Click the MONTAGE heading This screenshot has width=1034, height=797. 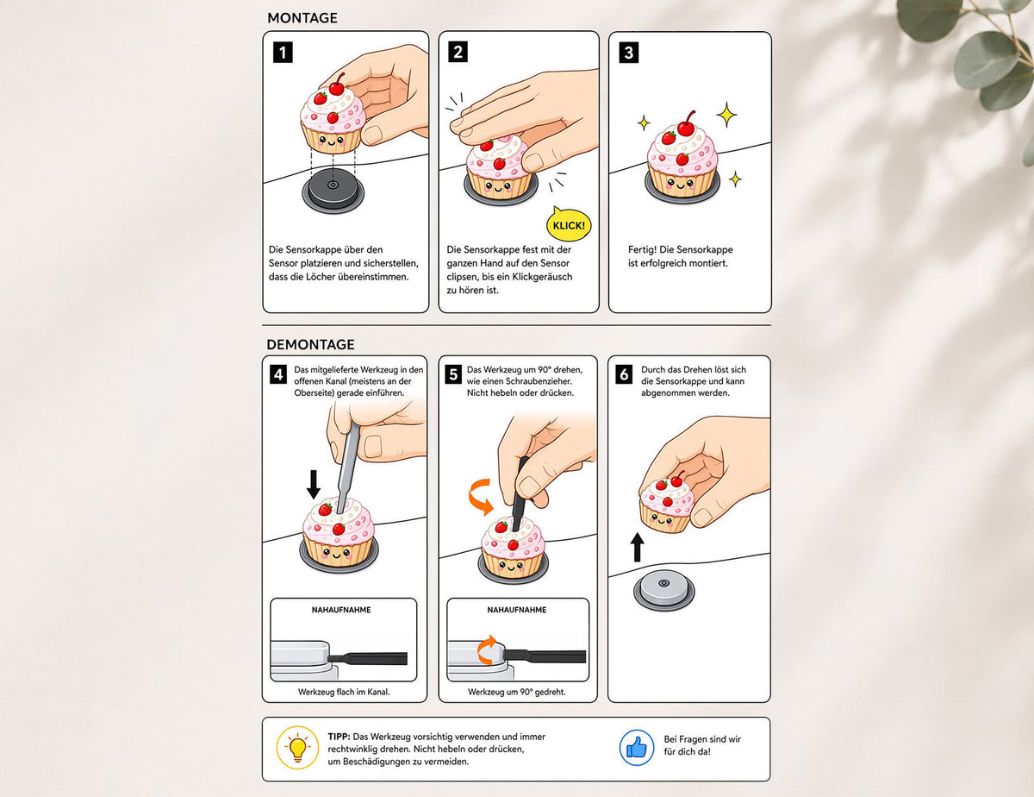[x=302, y=18]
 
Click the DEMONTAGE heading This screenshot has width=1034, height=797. [x=310, y=344]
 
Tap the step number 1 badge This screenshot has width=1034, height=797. [x=283, y=53]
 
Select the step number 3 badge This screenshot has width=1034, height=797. [x=628, y=53]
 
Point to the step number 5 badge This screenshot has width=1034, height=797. [x=453, y=374]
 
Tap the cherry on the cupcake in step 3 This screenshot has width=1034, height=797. [x=686, y=127]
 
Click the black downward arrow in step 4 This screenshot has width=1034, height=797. [x=313, y=484]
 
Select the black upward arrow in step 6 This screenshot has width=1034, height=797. [x=637, y=547]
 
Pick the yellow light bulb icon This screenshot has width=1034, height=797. [x=297, y=748]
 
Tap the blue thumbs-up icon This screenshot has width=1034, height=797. [x=637, y=748]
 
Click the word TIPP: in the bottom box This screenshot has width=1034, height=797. [x=339, y=737]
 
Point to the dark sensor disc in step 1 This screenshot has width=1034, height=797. [x=333, y=190]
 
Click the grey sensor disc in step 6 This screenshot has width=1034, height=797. [x=663, y=589]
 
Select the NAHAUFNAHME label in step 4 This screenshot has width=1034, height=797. [x=341, y=610]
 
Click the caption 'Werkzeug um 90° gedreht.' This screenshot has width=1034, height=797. [x=517, y=692]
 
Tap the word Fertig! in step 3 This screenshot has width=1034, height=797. [x=642, y=249]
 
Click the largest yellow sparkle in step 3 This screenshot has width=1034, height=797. [x=726, y=114]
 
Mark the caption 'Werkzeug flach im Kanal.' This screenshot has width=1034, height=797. [x=344, y=692]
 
